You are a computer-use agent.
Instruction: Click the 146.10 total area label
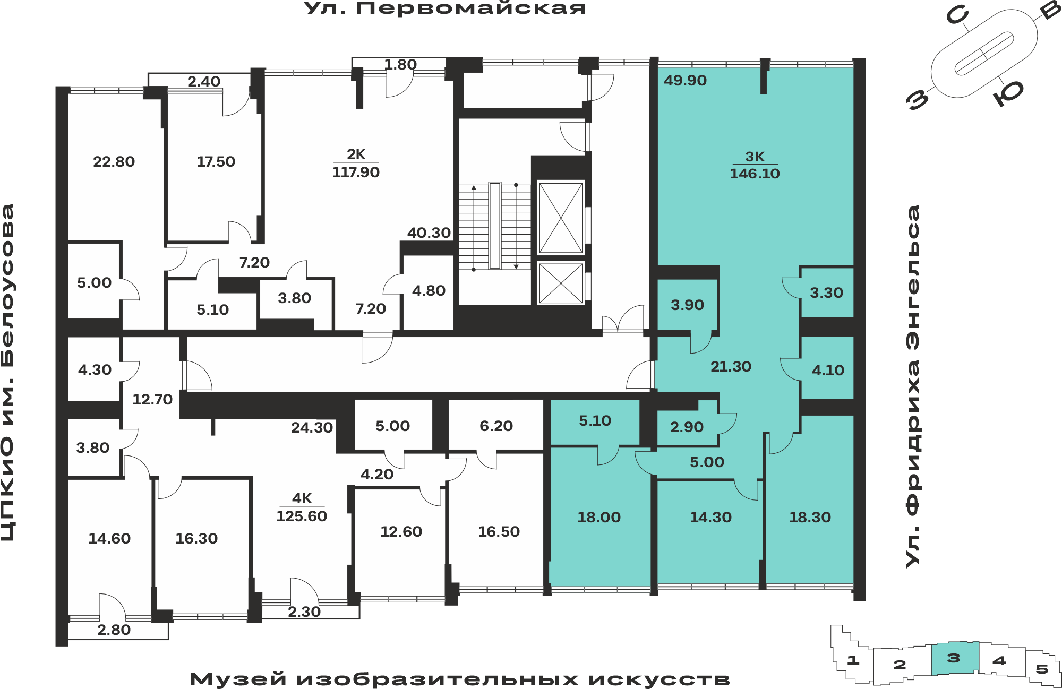tap(755, 174)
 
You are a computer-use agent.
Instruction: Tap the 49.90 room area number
tap(685, 81)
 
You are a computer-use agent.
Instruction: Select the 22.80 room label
tap(114, 161)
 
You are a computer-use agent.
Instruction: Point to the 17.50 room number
tap(216, 161)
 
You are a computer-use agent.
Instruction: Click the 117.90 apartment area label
tap(356, 172)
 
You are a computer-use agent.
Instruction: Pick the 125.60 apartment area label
tap(302, 516)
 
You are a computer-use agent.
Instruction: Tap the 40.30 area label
tap(429, 232)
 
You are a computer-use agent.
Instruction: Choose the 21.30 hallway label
tap(731, 366)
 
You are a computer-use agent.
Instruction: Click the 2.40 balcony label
tap(204, 81)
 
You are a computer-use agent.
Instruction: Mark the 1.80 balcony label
tap(400, 64)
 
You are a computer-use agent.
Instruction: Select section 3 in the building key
tap(954, 658)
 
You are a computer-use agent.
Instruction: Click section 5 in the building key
tap(1042, 669)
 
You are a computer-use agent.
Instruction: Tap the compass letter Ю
tap(1008, 92)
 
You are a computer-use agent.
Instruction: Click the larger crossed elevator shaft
tap(561, 217)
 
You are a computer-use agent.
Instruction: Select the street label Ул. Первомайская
tap(444, 8)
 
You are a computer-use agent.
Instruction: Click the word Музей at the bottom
tap(238, 679)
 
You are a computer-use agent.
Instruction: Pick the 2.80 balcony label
tap(114, 630)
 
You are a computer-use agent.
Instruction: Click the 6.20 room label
tap(496, 426)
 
